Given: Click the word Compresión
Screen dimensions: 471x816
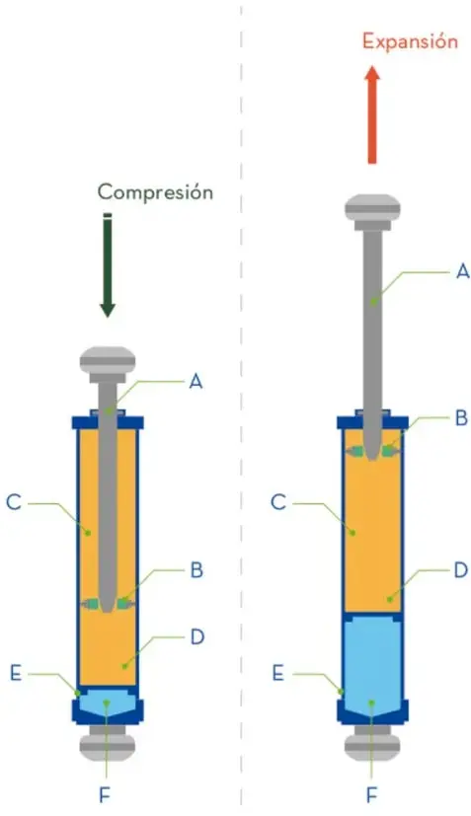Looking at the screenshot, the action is tap(155, 192).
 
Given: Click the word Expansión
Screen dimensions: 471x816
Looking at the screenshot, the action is tap(410, 41).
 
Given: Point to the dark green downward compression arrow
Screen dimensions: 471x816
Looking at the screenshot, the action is tap(108, 265).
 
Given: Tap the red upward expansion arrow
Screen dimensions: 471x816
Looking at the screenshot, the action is tap(372, 114).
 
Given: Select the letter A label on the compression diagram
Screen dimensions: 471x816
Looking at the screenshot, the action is tap(196, 382).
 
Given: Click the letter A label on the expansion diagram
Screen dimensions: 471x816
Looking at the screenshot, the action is tap(462, 270).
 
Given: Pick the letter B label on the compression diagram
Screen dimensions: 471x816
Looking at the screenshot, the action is tap(196, 570).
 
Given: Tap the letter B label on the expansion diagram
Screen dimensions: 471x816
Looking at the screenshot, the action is tap(461, 418).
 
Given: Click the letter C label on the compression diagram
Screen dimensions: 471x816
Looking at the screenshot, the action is tap(14, 502).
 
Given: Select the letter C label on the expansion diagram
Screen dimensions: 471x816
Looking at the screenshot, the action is tap(278, 502).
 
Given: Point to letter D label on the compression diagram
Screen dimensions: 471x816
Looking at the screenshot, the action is tap(196, 637).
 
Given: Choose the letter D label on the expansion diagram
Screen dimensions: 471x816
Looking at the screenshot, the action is tap(461, 570).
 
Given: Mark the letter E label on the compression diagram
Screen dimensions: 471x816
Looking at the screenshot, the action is tap(16, 673).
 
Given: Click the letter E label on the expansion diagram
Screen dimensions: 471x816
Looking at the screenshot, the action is tap(278, 673).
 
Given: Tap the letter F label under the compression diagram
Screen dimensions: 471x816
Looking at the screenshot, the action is tap(106, 794).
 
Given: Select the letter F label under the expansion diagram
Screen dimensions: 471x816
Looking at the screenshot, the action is tap(371, 794).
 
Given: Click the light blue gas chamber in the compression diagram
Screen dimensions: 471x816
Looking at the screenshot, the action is tap(108, 702).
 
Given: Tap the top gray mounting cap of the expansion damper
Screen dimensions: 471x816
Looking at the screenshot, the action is tap(372, 212).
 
